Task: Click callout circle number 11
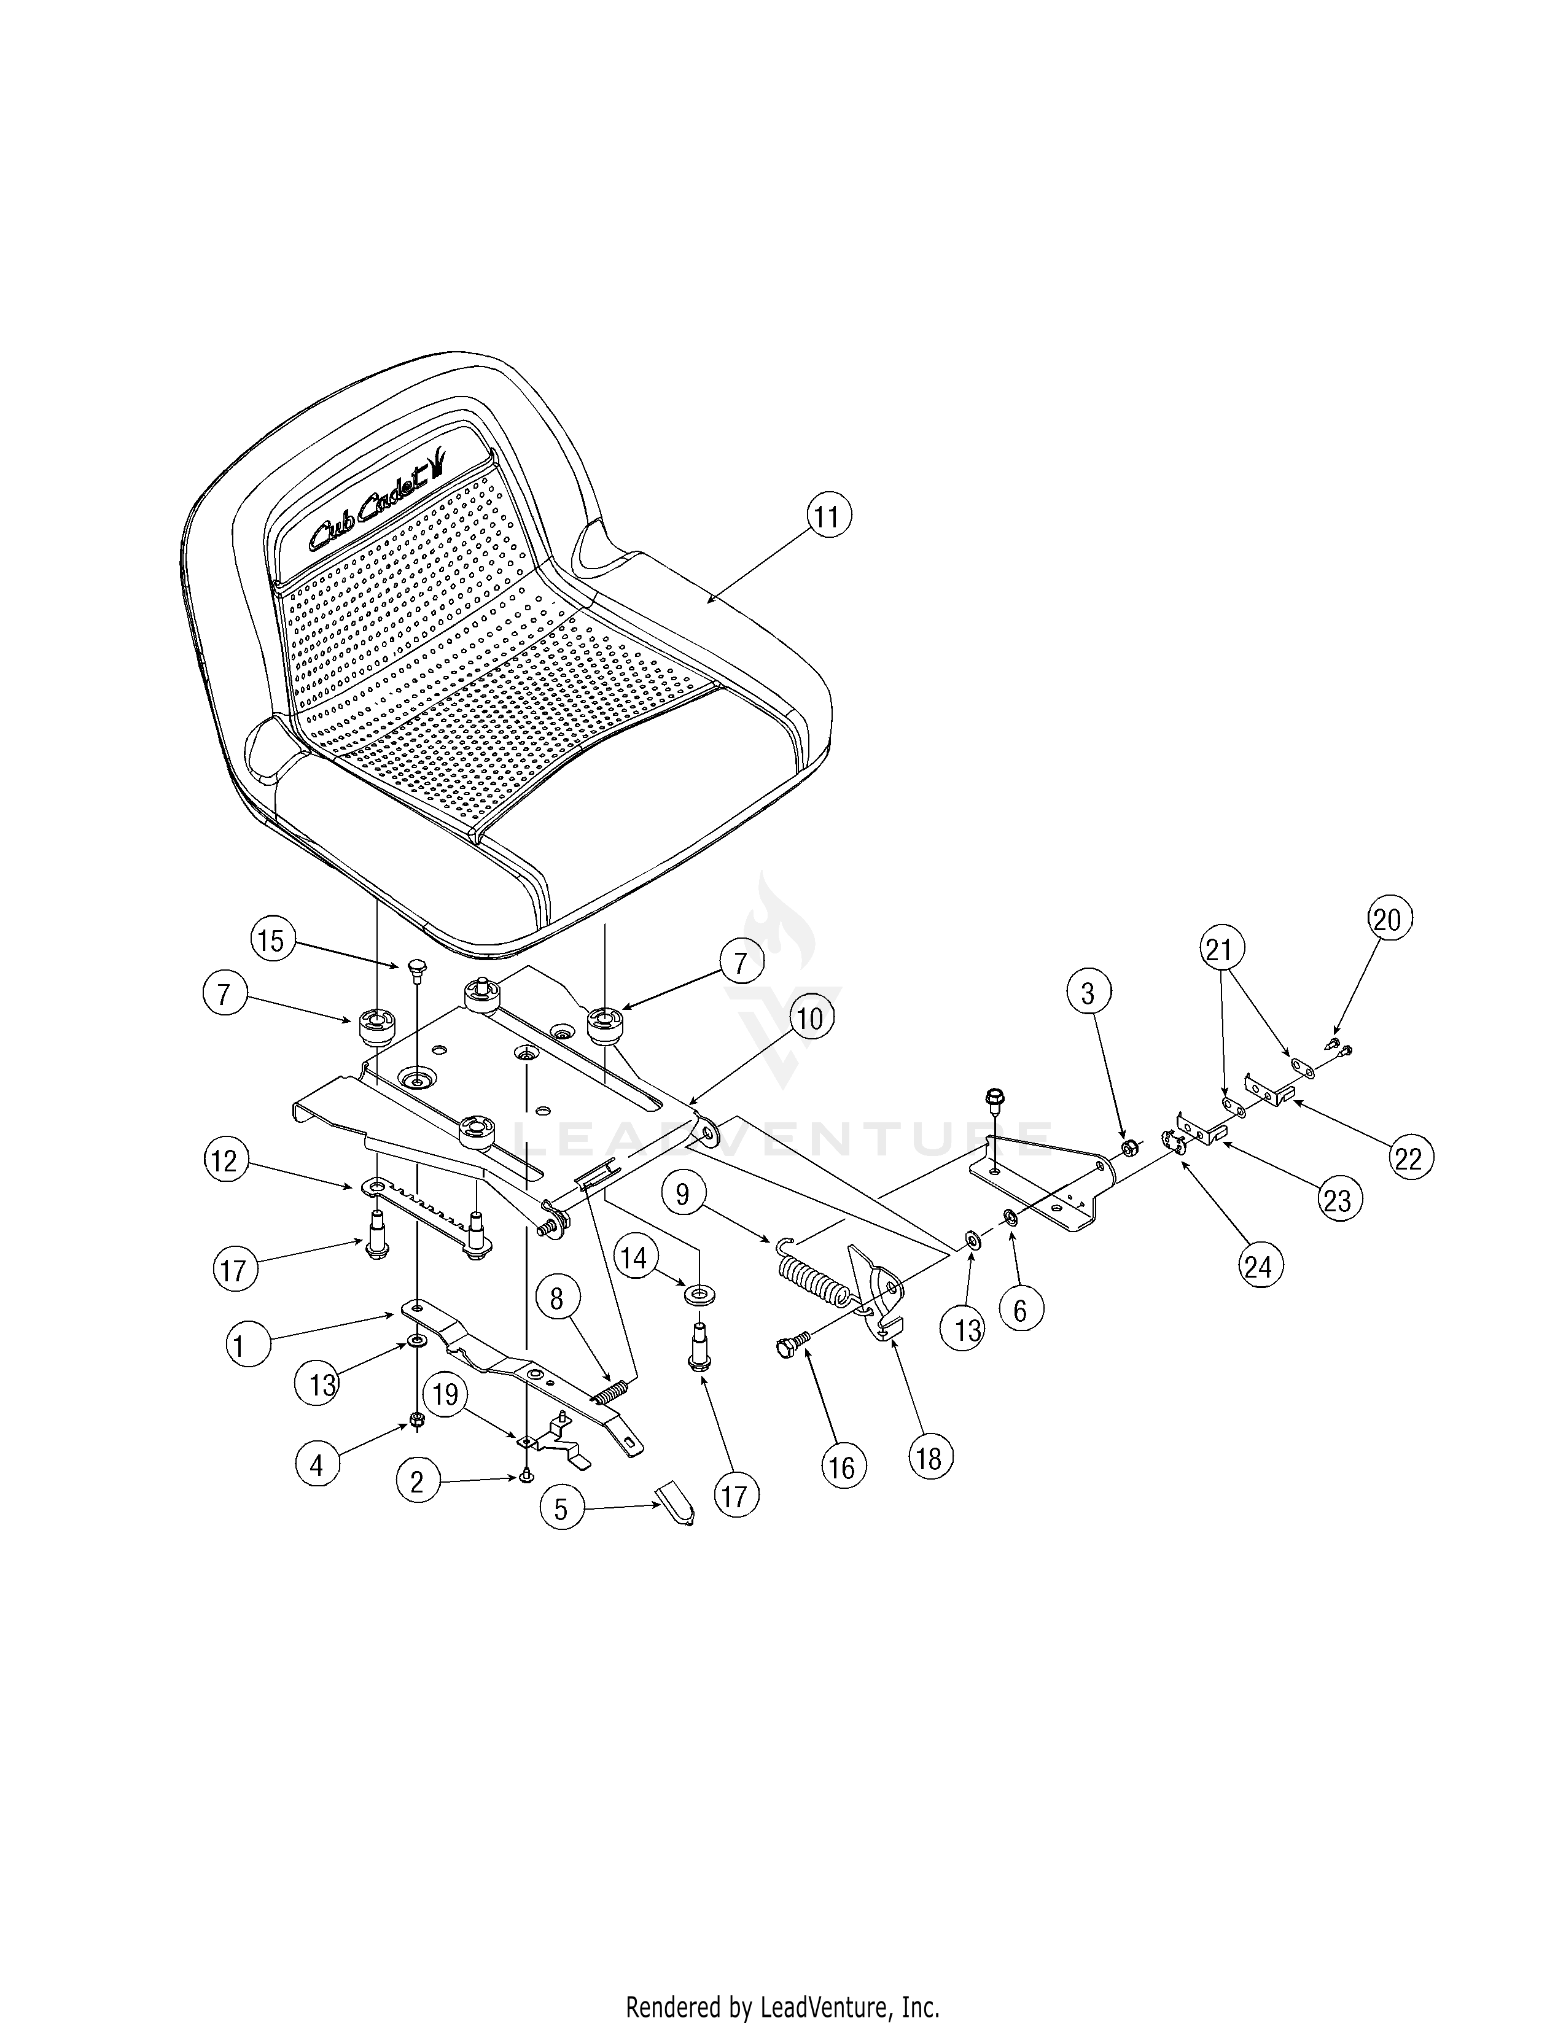pyautogui.click(x=827, y=516)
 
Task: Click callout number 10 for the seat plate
pyautogui.click(x=809, y=1019)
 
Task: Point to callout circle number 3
pyautogui.click(x=1087, y=993)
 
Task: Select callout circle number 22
pyautogui.click(x=1408, y=1158)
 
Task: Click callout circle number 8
pyautogui.click(x=556, y=1298)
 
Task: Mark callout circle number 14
pyautogui.click(x=634, y=1259)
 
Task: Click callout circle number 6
pyautogui.click(x=1021, y=1310)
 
